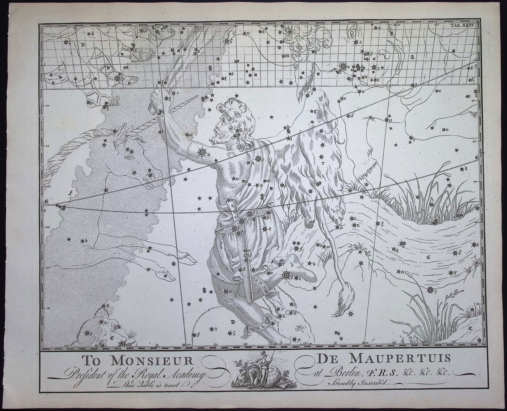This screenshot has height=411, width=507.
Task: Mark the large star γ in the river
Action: (430, 290)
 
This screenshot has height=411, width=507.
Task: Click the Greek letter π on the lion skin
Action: (322, 163)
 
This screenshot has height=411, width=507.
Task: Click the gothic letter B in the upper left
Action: (83, 45)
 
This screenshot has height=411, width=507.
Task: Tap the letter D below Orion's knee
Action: (233, 322)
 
